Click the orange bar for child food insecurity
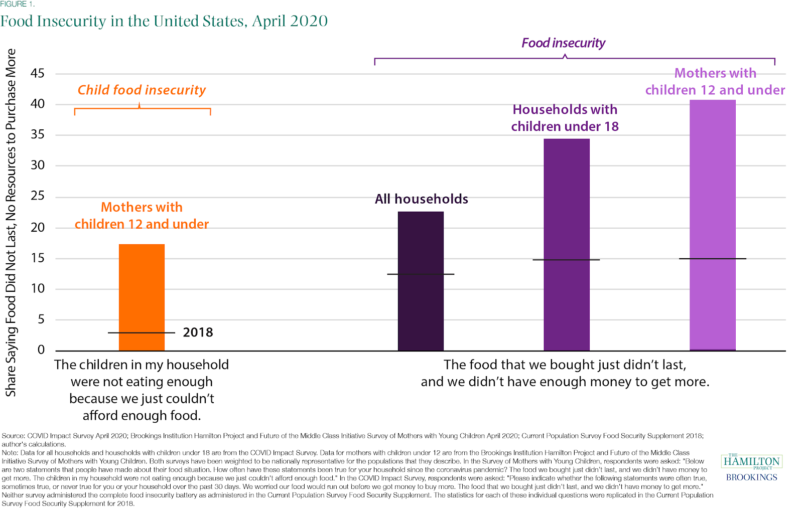pyautogui.click(x=142, y=297)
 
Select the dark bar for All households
pyautogui.click(x=421, y=281)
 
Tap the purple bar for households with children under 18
pyautogui.click(x=567, y=245)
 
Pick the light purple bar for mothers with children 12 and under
pyautogui.click(x=713, y=225)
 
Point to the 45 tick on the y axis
pyautogui.click(x=38, y=74)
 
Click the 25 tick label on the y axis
pyautogui.click(x=38, y=196)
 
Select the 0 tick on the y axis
pyautogui.click(x=41, y=350)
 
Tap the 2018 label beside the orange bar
pyautogui.click(x=198, y=332)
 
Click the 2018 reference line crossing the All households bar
pyautogui.click(x=421, y=274)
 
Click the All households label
pyautogui.click(x=422, y=199)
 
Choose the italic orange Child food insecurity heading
pyautogui.click(x=142, y=90)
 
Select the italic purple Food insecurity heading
pyautogui.click(x=563, y=43)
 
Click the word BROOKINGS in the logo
pyautogui.click(x=752, y=477)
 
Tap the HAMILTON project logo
pyautogui.click(x=752, y=461)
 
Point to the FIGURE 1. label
pyautogui.click(x=17, y=5)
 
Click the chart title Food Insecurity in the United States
pyautogui.click(x=164, y=21)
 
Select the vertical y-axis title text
pyautogui.click(x=11, y=222)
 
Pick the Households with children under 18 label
pyautogui.click(x=565, y=118)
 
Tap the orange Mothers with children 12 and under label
pyautogui.click(x=142, y=216)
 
